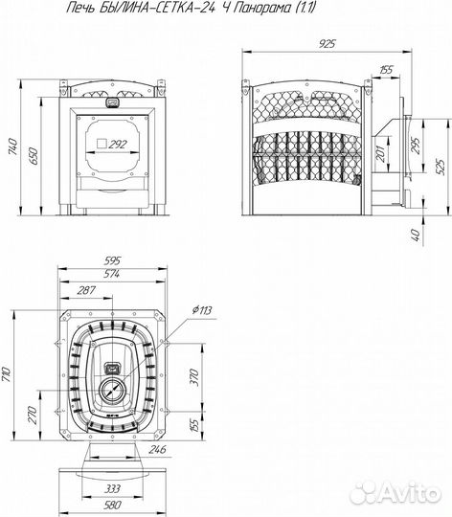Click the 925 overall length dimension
click(327, 43)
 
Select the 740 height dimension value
click(12, 146)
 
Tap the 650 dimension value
click(34, 156)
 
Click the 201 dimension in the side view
click(380, 153)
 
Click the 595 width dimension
click(112, 260)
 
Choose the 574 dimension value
click(111, 274)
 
